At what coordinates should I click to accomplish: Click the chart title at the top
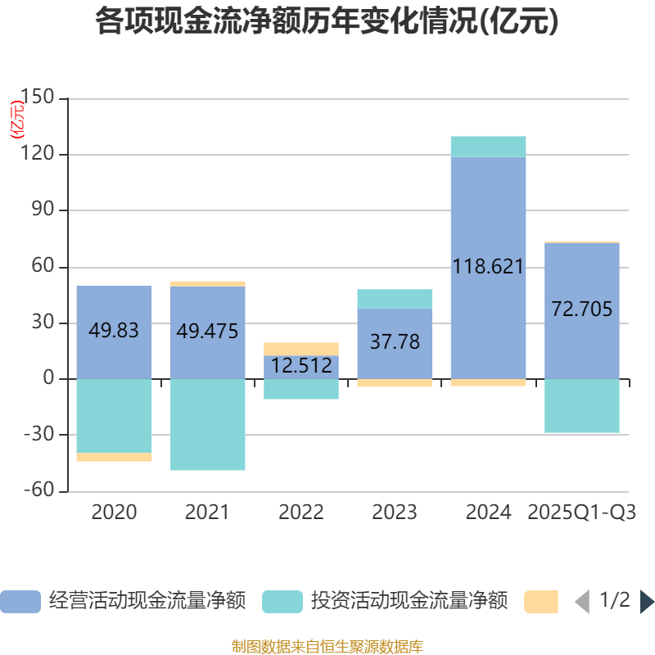click(x=327, y=22)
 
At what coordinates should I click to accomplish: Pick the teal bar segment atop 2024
click(x=488, y=147)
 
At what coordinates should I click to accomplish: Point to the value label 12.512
click(x=301, y=366)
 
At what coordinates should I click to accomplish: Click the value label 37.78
click(x=395, y=341)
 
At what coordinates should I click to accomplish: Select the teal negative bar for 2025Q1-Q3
click(x=582, y=406)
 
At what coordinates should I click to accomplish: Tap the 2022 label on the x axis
click(x=301, y=513)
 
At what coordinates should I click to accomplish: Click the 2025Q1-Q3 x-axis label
click(x=582, y=513)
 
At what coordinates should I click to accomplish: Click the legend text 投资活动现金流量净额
click(x=409, y=602)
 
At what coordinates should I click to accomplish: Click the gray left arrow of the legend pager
click(x=582, y=602)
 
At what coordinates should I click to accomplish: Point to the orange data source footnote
click(x=327, y=647)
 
